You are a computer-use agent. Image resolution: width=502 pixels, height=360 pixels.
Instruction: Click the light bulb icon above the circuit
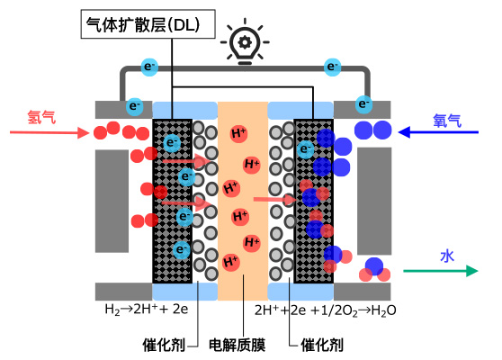pyautogui.click(x=245, y=41)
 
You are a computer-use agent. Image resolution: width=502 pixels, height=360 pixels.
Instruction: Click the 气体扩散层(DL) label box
pyautogui.click(x=148, y=24)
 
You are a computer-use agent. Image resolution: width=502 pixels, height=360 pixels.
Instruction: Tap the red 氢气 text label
pyautogui.click(x=41, y=117)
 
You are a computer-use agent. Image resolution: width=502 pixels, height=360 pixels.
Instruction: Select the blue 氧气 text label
pyautogui.click(x=447, y=121)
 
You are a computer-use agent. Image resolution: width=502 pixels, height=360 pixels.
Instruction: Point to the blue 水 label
pyautogui.click(x=447, y=256)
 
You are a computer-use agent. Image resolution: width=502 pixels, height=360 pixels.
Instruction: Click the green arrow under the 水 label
pyautogui.click(x=441, y=271)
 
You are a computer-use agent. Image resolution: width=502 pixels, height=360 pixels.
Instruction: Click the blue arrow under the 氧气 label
pyautogui.click(x=438, y=132)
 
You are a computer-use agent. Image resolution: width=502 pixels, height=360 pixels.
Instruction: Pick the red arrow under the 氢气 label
pyautogui.click(x=49, y=132)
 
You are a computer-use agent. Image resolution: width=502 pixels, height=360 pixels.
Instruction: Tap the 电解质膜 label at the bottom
pyautogui.click(x=237, y=345)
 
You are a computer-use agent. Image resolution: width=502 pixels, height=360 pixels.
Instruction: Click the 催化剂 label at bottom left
pyautogui.click(x=164, y=345)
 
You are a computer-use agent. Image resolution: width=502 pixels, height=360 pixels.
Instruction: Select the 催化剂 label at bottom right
pyautogui.click(x=322, y=345)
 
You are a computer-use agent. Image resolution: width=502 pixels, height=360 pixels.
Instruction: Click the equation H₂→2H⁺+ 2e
pyautogui.click(x=147, y=310)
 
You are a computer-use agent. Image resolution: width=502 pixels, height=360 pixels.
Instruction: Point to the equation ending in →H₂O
pyautogui.click(x=326, y=310)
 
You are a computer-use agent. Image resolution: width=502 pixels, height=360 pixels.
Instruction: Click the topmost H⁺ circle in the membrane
pyautogui.click(x=238, y=133)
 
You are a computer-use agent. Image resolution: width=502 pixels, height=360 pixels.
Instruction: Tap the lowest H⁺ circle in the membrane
pyautogui.click(x=231, y=262)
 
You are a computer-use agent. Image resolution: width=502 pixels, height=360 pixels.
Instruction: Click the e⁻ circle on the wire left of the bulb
pyautogui.click(x=149, y=67)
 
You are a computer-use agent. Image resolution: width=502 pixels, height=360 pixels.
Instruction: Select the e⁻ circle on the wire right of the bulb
pyautogui.click(x=332, y=67)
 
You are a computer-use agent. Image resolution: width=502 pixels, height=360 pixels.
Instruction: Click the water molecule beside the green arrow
pyautogui.click(x=374, y=270)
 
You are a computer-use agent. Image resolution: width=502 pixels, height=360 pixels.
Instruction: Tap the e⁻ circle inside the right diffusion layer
pyautogui.click(x=305, y=149)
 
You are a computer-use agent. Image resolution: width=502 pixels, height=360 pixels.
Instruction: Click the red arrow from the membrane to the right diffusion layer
pyautogui.click(x=275, y=200)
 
